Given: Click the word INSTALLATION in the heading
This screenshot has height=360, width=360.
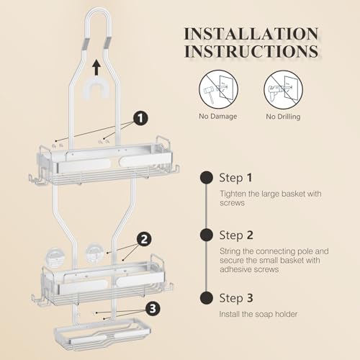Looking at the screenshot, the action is (x=251, y=34).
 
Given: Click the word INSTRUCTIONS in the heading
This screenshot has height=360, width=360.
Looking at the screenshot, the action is (x=251, y=51).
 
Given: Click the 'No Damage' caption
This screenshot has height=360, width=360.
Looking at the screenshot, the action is (x=218, y=116).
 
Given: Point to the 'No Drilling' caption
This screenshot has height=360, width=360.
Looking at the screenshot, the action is (x=283, y=117).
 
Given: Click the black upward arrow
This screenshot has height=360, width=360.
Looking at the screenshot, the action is (x=96, y=68).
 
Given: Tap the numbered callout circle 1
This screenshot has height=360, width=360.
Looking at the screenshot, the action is (x=140, y=118).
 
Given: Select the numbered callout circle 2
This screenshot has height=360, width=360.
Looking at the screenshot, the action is (x=144, y=239).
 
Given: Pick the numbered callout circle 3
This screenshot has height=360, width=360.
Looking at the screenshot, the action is (x=153, y=308).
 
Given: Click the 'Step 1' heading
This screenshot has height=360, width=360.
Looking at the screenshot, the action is (x=235, y=178).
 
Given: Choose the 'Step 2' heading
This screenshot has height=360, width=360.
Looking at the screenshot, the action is (x=236, y=235).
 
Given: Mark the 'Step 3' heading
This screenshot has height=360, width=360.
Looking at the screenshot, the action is (x=236, y=298).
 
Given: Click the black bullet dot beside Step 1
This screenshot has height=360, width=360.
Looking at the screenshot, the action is (x=207, y=178).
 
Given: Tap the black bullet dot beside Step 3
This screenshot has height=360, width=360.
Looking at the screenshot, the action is (x=207, y=298).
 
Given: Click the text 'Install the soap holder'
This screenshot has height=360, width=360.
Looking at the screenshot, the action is (x=258, y=314).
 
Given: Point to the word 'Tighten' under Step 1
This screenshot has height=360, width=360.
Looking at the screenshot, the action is (x=233, y=194).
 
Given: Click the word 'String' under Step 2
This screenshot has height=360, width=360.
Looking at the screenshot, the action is (x=230, y=251).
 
